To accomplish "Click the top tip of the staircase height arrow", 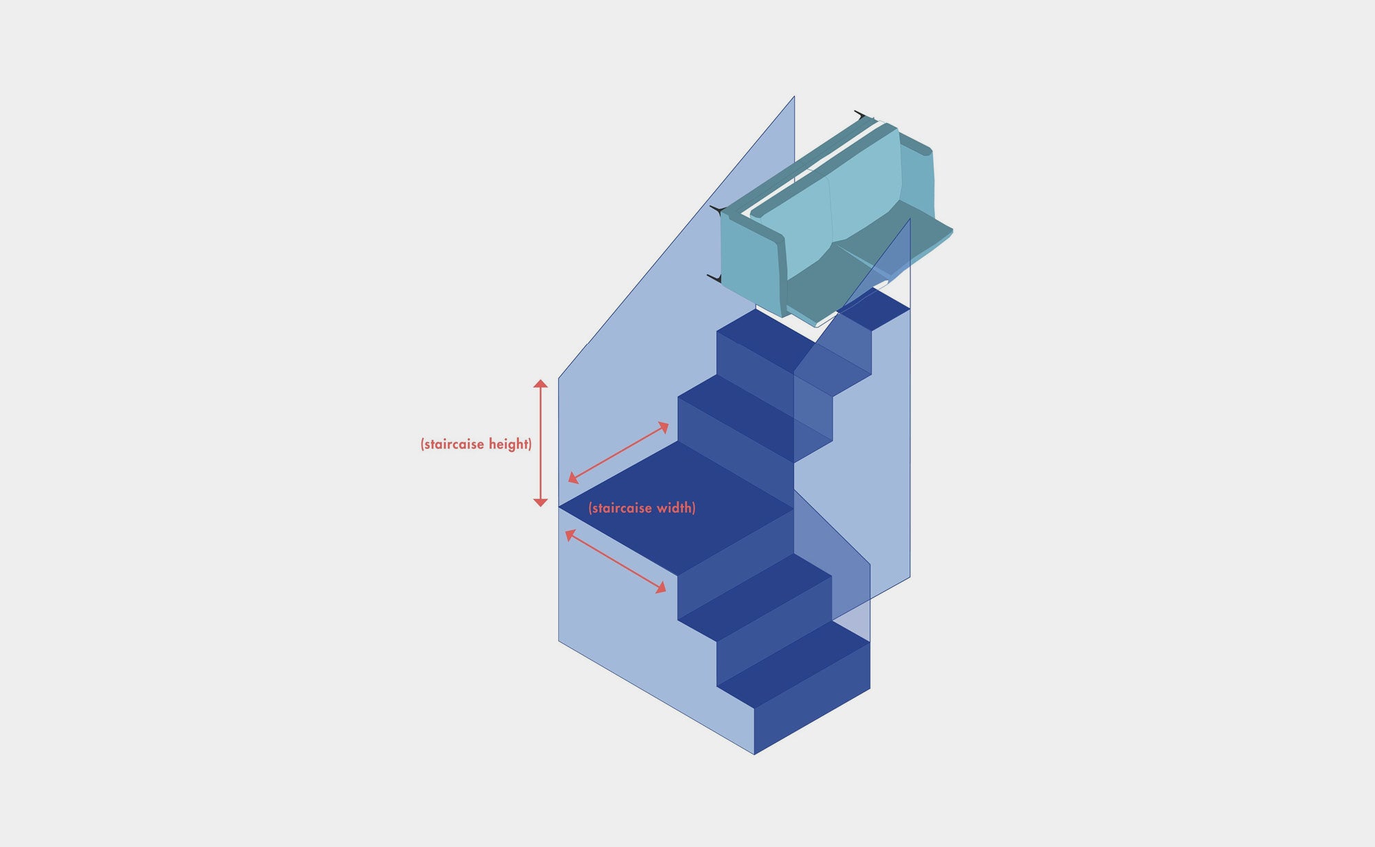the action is (541, 379).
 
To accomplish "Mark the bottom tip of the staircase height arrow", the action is (541, 507).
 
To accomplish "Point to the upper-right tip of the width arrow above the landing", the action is (668, 423).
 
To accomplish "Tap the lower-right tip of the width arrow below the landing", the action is (666, 592).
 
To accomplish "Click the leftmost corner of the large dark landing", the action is (559, 507).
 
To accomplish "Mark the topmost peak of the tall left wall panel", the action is (794, 96).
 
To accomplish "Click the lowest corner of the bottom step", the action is (754, 754).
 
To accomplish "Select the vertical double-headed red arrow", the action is (541, 443).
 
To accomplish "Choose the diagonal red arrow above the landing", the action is (618, 452).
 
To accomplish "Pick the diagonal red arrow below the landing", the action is (616, 561).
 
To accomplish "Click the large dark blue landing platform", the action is (676, 509).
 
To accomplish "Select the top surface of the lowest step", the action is (793, 665).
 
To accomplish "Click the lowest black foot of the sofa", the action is (714, 278).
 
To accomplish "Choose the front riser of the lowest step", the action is (812, 698).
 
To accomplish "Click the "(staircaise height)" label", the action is (476, 444).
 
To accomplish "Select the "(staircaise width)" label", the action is (642, 508).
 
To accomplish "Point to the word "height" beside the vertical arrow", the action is (508, 444).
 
